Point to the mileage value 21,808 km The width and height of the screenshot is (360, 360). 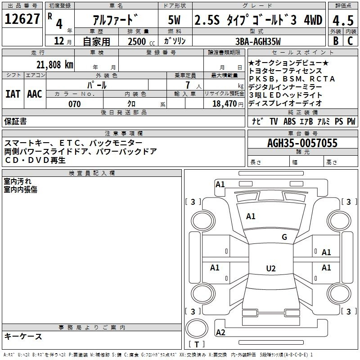click(x=54, y=64)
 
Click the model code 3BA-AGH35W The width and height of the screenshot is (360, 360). click(x=258, y=41)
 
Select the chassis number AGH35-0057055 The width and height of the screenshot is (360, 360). click(x=302, y=143)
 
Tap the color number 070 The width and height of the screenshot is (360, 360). click(x=74, y=104)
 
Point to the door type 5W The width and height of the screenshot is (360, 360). click(x=174, y=20)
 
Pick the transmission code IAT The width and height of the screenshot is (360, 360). click(x=13, y=94)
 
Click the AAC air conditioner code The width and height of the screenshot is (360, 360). click(x=34, y=94)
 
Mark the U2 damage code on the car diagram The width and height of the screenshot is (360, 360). click(x=270, y=269)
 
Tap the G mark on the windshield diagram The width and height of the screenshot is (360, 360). click(x=284, y=237)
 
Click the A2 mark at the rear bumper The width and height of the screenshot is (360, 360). click(x=220, y=333)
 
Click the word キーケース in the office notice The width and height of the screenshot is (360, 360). click(x=23, y=336)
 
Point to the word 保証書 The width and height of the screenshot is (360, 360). click(x=15, y=121)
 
